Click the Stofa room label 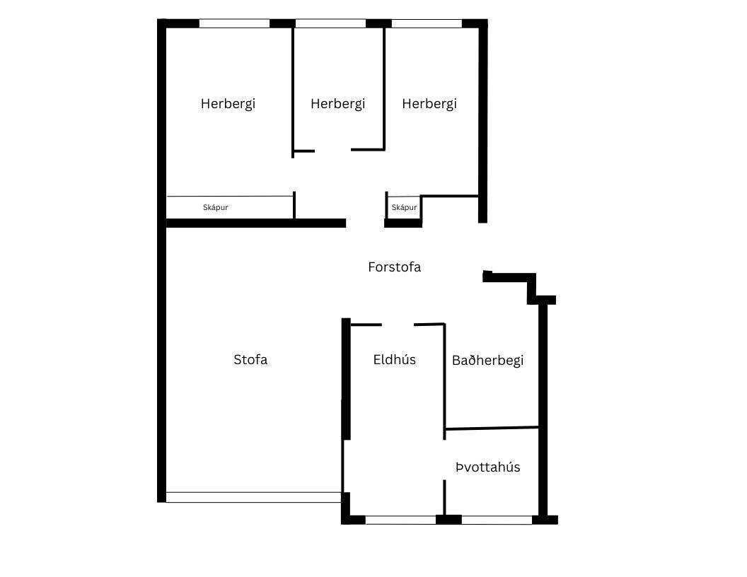250,359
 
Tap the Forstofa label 395,267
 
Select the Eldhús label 395,359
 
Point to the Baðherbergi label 488,361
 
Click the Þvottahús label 488,467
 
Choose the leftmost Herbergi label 228,104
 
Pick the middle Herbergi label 337,104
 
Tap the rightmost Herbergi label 429,104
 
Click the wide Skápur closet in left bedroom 230,207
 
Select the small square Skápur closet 404,207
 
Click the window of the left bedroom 234,23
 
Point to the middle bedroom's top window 330,23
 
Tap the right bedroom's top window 427,23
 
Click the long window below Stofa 253,497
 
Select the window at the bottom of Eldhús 400,520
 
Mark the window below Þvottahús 497,520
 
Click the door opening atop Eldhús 398,325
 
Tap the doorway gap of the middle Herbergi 333,151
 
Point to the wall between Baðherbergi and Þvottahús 492,429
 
